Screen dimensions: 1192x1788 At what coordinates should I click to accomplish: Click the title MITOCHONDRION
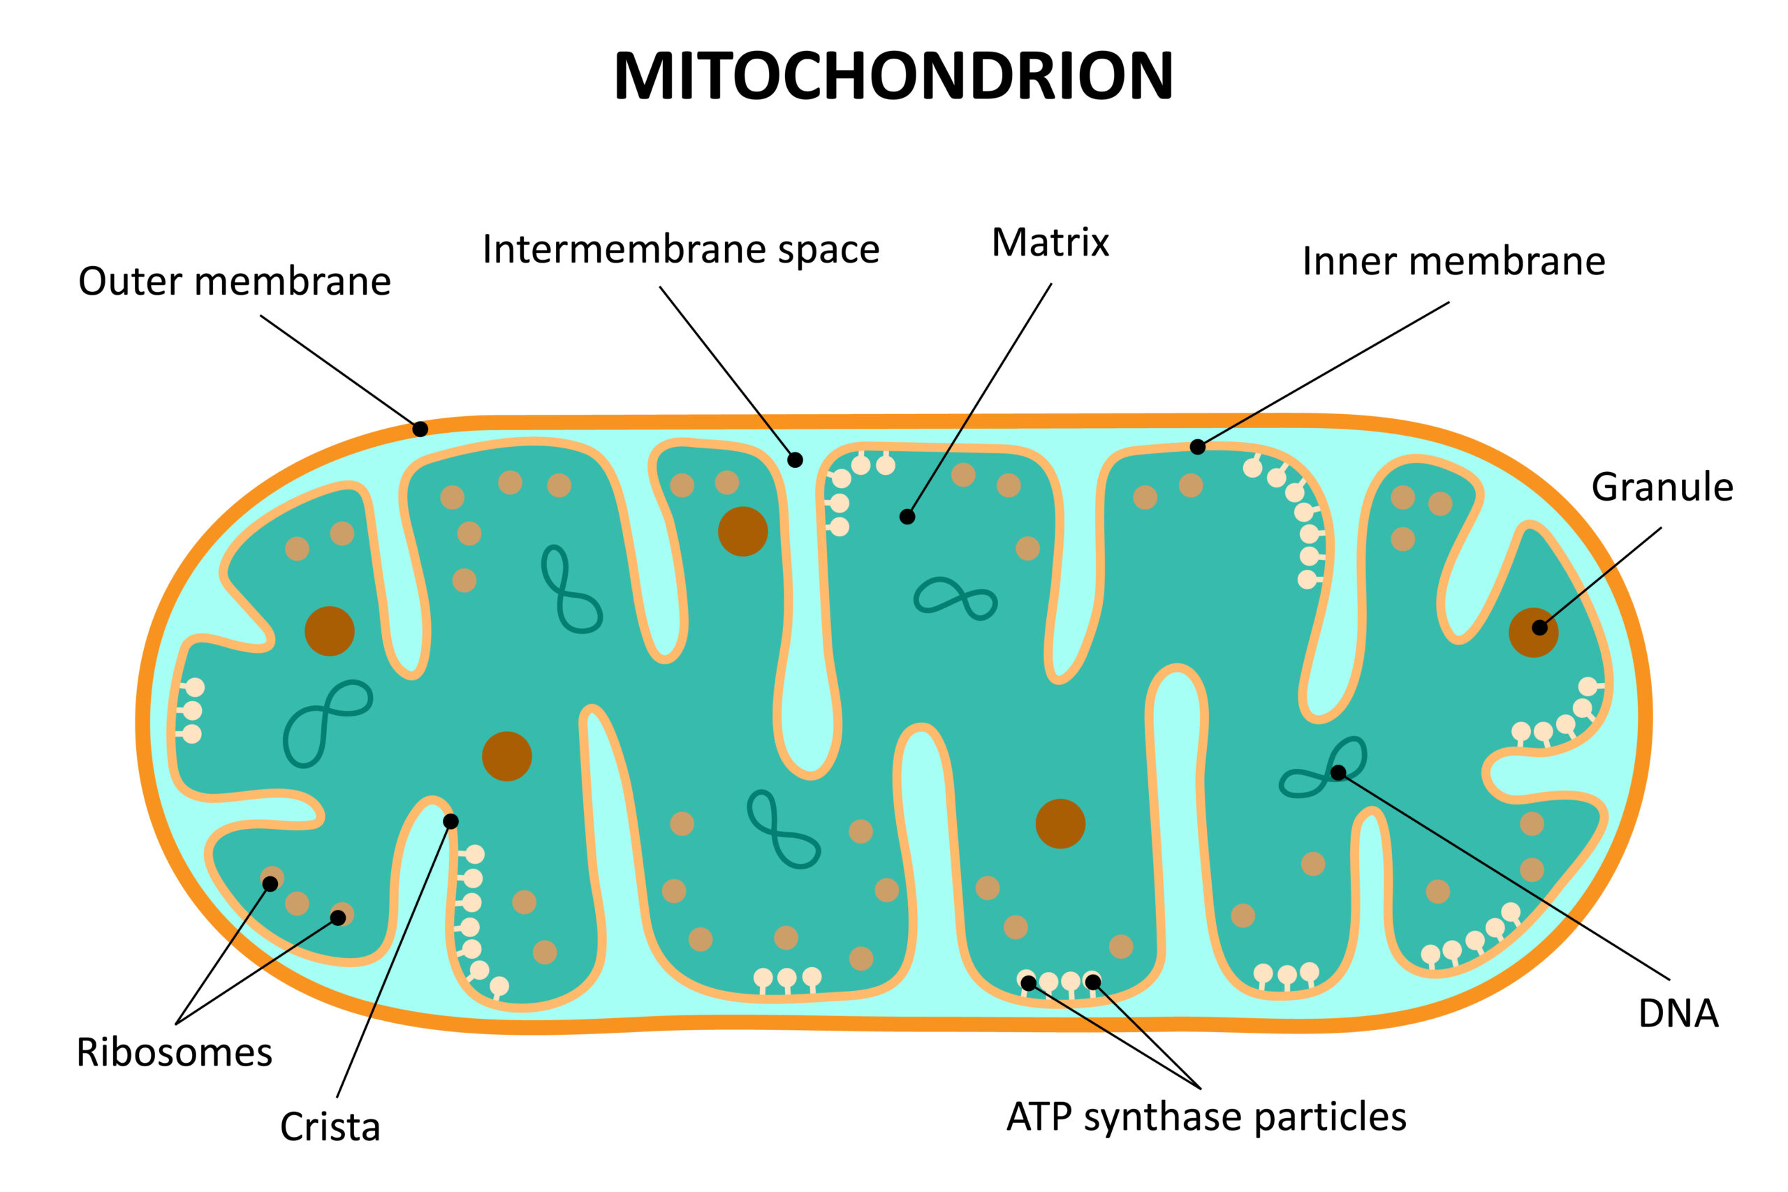point(893,76)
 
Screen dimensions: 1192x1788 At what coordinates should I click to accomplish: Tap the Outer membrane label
point(234,281)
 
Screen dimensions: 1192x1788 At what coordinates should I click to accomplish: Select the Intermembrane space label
point(680,249)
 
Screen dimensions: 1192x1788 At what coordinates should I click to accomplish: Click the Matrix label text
point(1050,243)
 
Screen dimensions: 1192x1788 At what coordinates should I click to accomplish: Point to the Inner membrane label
point(1453,261)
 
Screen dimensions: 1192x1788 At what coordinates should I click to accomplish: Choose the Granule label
point(1662,487)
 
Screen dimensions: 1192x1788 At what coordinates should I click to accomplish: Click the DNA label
point(1678,1013)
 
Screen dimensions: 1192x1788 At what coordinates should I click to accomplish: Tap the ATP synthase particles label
point(1206,1117)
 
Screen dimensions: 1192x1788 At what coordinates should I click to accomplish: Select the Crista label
point(330,1127)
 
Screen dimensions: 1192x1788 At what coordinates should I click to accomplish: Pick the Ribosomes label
point(174,1054)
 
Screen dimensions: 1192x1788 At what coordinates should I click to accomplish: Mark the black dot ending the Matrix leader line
point(907,517)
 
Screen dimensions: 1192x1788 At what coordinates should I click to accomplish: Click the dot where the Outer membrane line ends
point(420,429)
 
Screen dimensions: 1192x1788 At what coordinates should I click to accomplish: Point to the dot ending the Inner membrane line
point(1197,447)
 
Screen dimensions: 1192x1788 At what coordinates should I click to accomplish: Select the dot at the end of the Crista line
point(450,822)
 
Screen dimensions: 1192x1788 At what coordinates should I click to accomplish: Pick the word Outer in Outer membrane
point(131,281)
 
